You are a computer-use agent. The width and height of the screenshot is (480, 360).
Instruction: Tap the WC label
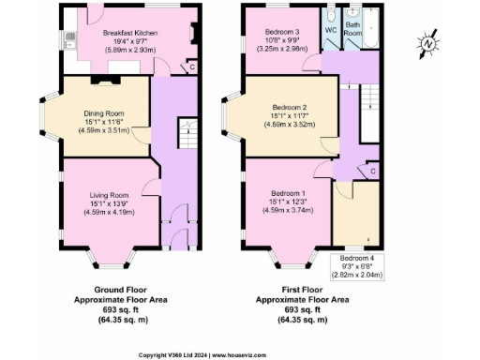click(330, 30)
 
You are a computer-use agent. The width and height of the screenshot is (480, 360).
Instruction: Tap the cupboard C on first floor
click(371, 171)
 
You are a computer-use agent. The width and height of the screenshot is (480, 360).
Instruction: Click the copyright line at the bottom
click(240, 354)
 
